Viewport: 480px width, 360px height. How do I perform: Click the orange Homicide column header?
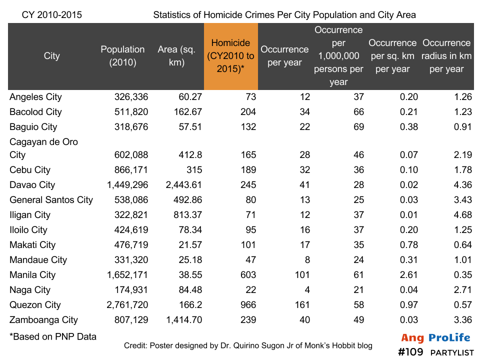[x=230, y=56]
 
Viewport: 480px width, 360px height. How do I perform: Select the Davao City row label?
[x=32, y=185]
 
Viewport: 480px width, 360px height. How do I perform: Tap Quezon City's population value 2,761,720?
[x=127, y=305]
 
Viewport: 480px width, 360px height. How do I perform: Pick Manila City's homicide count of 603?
[x=246, y=275]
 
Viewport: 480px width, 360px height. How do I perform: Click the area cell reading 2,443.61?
[x=183, y=185]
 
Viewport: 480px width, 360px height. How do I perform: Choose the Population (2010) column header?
[x=122, y=56]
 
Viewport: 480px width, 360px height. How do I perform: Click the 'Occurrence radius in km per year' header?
[x=446, y=56]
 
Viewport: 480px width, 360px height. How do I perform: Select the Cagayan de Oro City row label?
[x=44, y=148]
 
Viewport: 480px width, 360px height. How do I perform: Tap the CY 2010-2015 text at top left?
[x=52, y=15]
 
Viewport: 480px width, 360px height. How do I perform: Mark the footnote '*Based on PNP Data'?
[x=52, y=336]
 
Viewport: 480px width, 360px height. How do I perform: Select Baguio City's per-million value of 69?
[x=358, y=127]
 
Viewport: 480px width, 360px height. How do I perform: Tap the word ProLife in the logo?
[x=447, y=338]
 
